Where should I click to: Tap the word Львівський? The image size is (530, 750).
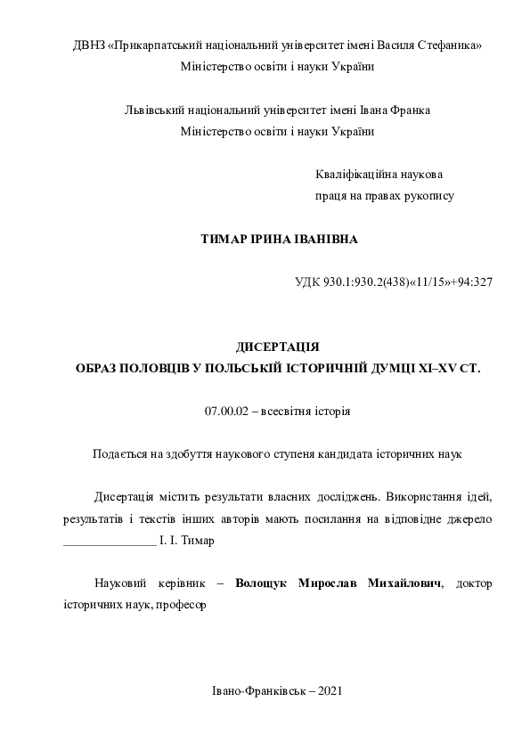pos(152,110)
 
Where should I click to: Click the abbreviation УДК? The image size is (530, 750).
pos(307,281)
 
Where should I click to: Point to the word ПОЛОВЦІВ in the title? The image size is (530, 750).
pos(157,367)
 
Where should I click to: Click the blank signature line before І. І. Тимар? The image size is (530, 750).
pos(109,541)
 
